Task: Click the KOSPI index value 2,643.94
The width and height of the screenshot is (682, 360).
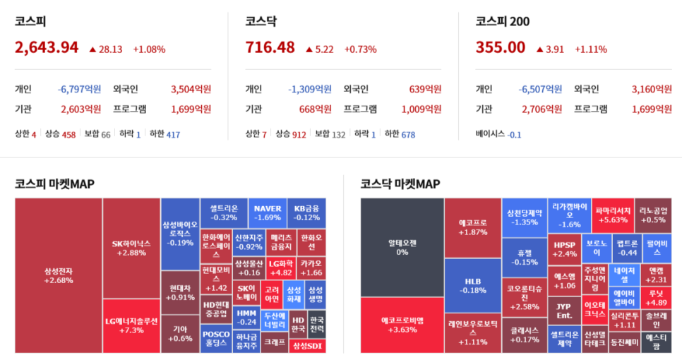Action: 47,47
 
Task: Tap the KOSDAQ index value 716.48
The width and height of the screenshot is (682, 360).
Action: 270,47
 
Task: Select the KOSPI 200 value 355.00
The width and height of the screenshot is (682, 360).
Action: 501,47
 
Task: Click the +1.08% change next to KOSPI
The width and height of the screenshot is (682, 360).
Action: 149,49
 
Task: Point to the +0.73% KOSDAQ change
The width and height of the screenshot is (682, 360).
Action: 360,49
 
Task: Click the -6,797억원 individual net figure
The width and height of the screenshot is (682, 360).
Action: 79,89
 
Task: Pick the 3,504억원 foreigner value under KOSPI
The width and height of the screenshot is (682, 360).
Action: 191,89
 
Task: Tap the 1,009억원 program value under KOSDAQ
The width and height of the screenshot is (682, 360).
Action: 421,109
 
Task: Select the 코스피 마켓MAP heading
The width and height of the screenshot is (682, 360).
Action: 54,184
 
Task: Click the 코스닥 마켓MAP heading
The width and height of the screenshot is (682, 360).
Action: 400,184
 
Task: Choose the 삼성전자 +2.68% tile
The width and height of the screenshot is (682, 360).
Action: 59,275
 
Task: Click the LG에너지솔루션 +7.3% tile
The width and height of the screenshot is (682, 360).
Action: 131,325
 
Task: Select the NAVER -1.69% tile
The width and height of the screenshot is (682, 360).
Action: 268,212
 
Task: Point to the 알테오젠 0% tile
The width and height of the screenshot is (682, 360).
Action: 402,247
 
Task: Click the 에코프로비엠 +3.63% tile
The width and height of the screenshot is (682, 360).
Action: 402,325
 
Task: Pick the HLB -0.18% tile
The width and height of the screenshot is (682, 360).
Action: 472,285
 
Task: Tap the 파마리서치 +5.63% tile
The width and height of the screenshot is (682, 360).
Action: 611,215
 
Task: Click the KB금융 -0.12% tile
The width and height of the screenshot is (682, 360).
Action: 307,212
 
